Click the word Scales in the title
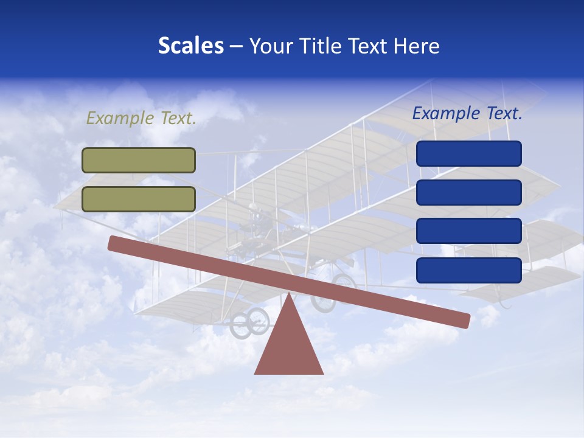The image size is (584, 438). [190, 46]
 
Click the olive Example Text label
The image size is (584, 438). [141, 118]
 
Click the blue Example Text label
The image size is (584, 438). [467, 113]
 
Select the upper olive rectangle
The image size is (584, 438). [139, 160]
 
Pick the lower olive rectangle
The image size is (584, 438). [139, 199]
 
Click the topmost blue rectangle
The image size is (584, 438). [468, 153]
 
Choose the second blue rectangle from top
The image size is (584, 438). [468, 192]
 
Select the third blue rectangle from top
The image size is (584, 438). [468, 231]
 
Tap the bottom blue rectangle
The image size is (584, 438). [468, 270]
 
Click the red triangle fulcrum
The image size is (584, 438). [289, 347]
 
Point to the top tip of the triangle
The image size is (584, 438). [289, 296]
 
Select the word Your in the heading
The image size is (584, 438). [270, 46]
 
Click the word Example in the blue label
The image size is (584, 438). [447, 113]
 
